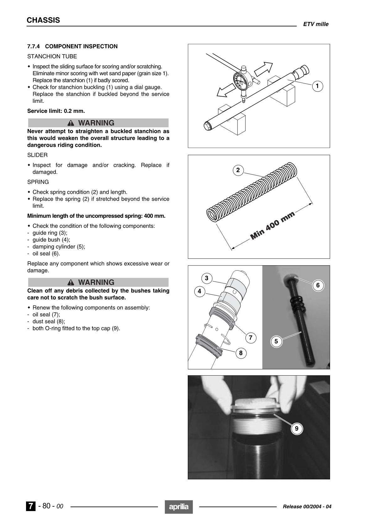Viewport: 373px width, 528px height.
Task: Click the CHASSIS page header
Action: (43, 20)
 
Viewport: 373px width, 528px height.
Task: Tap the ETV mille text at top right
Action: (316, 24)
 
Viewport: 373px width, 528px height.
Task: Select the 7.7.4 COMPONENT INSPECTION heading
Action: (72, 46)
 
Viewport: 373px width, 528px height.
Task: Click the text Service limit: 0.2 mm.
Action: (56, 111)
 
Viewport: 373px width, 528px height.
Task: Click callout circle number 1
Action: (317, 86)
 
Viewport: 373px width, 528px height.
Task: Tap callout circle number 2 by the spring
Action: (238, 170)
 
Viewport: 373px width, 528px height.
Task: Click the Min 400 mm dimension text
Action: (272, 225)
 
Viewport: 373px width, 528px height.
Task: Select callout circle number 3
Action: (207, 278)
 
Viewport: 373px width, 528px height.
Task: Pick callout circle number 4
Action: (199, 292)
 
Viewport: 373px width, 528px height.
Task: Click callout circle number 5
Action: (276, 341)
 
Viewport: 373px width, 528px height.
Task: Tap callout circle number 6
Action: (318, 285)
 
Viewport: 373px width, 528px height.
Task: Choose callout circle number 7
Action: (250, 338)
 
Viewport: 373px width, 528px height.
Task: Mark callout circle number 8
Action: (241, 353)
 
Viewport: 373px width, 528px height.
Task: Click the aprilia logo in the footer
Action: (179, 507)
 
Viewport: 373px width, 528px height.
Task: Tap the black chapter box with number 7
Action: (30, 506)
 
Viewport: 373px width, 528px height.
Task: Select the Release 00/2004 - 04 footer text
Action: (307, 507)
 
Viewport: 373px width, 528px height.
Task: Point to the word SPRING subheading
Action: (38, 182)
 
